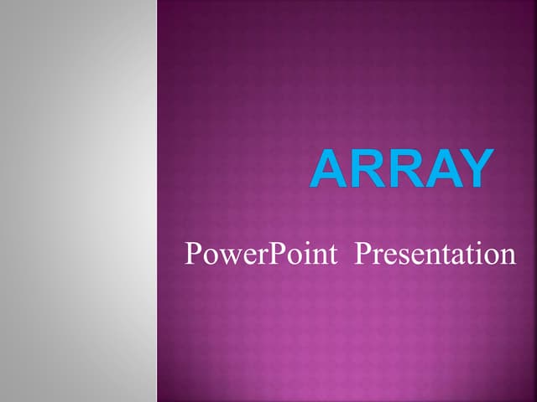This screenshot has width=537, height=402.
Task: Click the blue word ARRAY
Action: pos(399,169)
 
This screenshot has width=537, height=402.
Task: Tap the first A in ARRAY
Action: pos(328,169)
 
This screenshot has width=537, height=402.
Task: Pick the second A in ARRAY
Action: pos(435,169)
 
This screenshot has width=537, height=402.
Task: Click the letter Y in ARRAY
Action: pos(472,169)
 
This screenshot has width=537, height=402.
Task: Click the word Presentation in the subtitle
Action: pos(435,254)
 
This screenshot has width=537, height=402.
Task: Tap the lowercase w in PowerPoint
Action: pos(225,255)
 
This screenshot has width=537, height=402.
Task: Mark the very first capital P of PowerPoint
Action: pos(192,253)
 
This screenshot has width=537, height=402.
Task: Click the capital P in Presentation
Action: pos(362,253)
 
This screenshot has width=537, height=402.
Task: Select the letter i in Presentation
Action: pos(482,253)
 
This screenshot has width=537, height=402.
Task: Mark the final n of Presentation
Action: pos(508,255)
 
